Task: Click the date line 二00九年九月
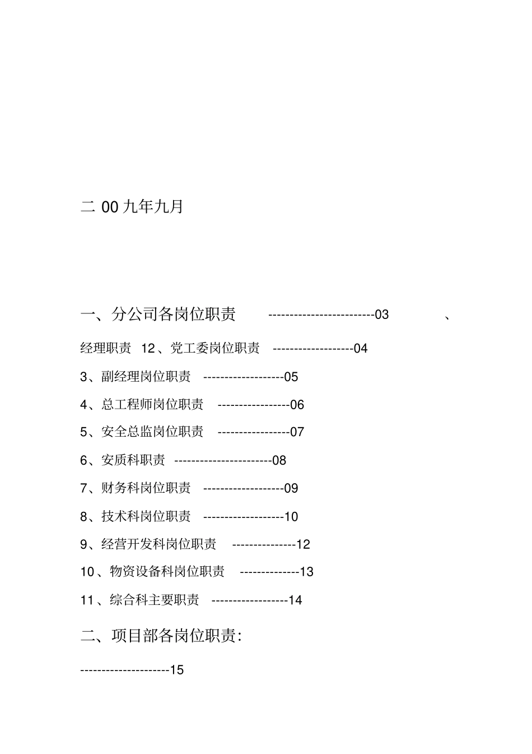click(132, 207)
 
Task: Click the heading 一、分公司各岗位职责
click(158, 314)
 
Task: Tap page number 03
click(382, 315)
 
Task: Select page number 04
click(361, 349)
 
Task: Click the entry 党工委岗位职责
click(214, 349)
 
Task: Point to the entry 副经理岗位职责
click(146, 377)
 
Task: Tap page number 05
click(291, 377)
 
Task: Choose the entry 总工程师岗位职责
click(152, 405)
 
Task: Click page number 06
click(297, 405)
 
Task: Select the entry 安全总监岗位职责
click(152, 432)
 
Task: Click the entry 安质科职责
click(133, 461)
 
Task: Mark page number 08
click(279, 461)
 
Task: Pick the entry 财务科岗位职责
click(146, 488)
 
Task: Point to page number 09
click(291, 489)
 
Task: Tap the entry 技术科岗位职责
click(146, 516)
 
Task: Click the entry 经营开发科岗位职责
click(158, 544)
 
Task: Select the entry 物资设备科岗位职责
click(167, 572)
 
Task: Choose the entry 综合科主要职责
click(154, 600)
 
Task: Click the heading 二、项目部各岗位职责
click(161, 636)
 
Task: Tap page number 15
click(176, 670)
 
